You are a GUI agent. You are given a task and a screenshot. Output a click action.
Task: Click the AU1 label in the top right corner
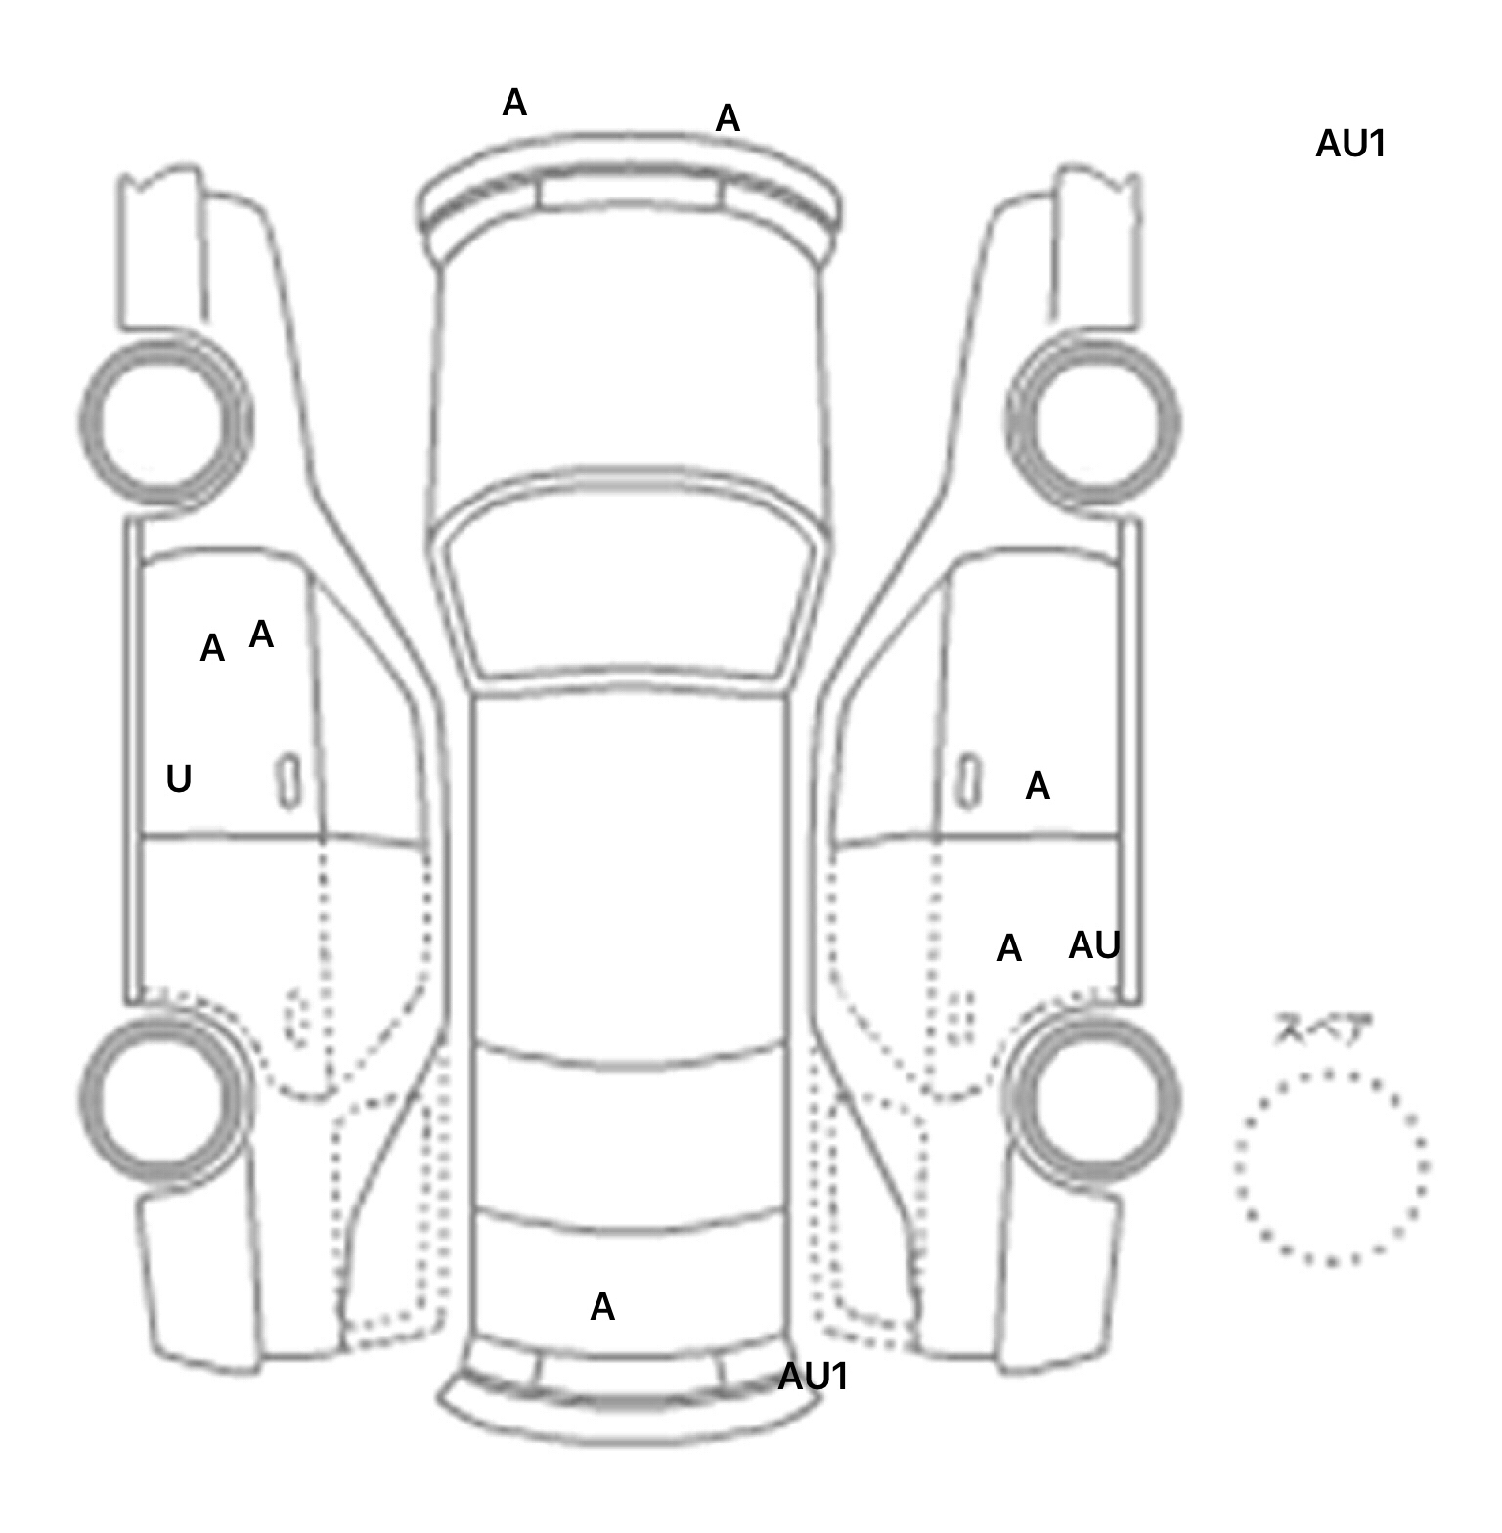tap(1350, 145)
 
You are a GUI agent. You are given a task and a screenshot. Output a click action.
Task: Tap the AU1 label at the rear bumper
tap(813, 1377)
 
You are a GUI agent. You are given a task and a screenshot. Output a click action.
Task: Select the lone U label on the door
tap(178, 779)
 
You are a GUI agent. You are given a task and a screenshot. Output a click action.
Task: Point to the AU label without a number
tap(1094, 945)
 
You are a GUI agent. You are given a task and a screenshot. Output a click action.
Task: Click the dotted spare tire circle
tap(1331, 1167)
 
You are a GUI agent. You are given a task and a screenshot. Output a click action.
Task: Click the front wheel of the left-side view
tap(164, 421)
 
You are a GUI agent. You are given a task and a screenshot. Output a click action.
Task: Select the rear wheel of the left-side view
tap(164, 1095)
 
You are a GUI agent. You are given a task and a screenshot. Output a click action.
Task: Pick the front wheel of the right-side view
tap(1093, 421)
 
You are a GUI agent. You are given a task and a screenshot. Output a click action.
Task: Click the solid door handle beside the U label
tap(288, 780)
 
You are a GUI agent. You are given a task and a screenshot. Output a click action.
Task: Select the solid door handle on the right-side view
tap(968, 780)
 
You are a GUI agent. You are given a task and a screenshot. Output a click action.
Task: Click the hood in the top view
tap(631, 372)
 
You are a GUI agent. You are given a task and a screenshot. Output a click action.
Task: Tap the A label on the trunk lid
tap(602, 1307)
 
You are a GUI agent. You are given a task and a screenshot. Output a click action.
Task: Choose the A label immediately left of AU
tap(1009, 948)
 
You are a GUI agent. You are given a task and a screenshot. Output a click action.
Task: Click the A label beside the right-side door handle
tap(1038, 786)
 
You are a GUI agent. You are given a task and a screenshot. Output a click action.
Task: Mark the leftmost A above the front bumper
tap(514, 103)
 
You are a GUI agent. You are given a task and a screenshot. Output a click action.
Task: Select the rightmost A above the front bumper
tap(728, 119)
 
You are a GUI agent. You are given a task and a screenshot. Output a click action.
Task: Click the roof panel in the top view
tap(631, 870)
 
